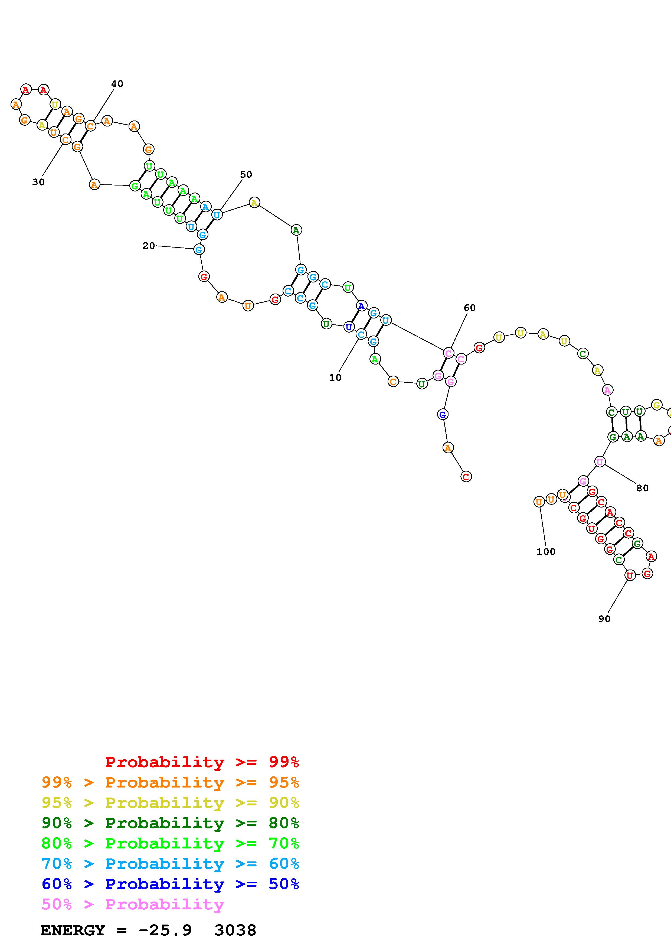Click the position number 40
tap(117, 84)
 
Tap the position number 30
tap(38, 182)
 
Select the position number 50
tap(246, 175)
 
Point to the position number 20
tap(148, 246)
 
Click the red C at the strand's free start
tap(466, 477)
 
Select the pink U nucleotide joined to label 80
tap(600, 462)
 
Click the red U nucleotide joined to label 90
tap(630, 575)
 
